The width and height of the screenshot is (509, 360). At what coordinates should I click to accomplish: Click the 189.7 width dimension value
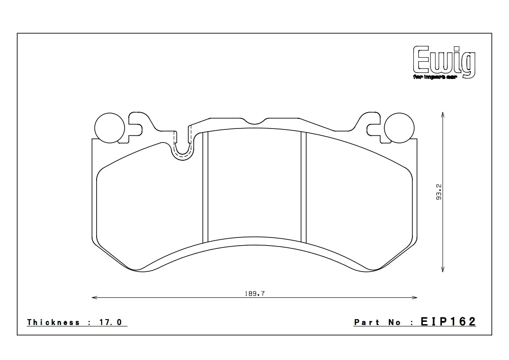pyautogui.click(x=254, y=294)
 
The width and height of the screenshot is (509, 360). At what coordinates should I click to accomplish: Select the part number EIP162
pyautogui.click(x=448, y=322)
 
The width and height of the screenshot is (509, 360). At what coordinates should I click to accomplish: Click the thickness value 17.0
pyautogui.click(x=111, y=322)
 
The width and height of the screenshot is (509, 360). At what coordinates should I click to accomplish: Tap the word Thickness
pyautogui.click(x=54, y=322)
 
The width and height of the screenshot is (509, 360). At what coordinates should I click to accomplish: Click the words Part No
pyautogui.click(x=377, y=322)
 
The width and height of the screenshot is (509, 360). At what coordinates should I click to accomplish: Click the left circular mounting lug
pyautogui.click(x=109, y=126)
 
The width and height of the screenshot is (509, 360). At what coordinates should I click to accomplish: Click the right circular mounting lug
pyautogui.click(x=399, y=126)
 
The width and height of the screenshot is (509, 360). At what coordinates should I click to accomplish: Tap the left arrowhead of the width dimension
pyautogui.click(x=94, y=298)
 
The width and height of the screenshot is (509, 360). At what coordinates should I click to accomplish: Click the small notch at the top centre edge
pyautogui.click(x=254, y=122)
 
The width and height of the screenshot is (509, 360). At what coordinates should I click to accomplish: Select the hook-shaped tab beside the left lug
pyautogui.click(x=137, y=124)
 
